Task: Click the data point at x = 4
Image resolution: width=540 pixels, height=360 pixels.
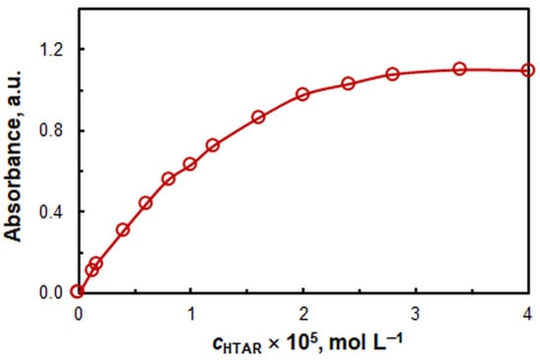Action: click(x=527, y=71)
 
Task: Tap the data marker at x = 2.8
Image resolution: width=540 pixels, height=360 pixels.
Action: click(x=393, y=74)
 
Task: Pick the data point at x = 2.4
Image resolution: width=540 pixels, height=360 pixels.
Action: click(x=348, y=83)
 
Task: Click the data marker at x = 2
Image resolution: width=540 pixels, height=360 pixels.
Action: click(x=302, y=94)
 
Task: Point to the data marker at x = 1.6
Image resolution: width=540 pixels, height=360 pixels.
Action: click(x=258, y=117)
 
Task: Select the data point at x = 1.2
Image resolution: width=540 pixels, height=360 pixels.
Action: click(x=212, y=145)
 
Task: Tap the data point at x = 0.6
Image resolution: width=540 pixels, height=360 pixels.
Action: click(x=145, y=203)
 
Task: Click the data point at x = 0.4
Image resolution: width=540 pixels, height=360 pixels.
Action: click(x=123, y=230)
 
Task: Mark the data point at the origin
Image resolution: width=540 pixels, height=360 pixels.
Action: click(x=78, y=292)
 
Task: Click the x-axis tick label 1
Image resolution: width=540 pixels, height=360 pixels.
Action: click(x=190, y=313)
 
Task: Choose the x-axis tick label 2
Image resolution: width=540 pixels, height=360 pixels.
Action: click(x=302, y=313)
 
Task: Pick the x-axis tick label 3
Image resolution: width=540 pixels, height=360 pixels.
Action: click(x=415, y=313)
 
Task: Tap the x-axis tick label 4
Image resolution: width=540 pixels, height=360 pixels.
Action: click(x=527, y=313)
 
